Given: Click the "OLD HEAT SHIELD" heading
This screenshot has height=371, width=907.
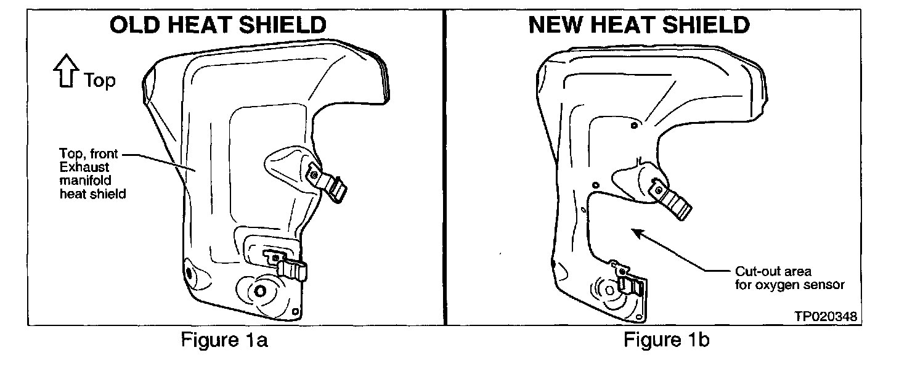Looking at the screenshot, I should (218, 25).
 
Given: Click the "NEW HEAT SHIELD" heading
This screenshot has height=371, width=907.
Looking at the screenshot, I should (639, 25).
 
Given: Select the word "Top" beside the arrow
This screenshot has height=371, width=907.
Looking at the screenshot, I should (99, 80).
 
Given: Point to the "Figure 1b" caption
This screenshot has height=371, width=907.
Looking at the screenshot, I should (666, 340).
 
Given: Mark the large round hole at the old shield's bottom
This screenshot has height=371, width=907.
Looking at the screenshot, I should (259, 290).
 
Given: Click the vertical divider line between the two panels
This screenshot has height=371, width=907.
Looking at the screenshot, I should (445, 166).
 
